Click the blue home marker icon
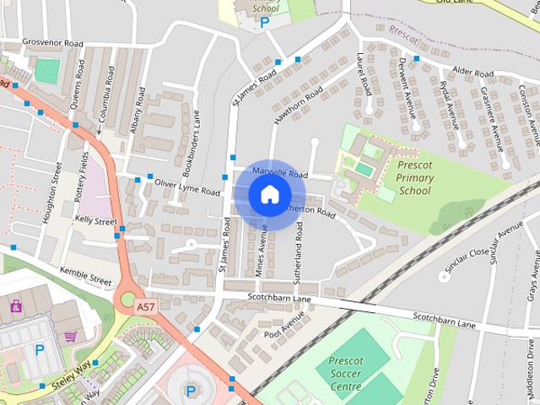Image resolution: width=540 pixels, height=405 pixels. click(x=268, y=194)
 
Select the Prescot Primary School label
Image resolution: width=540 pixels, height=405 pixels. click(x=415, y=178)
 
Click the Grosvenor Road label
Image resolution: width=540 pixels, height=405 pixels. click(x=53, y=43)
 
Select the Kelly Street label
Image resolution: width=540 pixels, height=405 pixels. click(x=95, y=220)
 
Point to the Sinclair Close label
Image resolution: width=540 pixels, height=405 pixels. click(x=466, y=252)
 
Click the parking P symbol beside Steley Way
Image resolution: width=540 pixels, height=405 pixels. click(x=39, y=349)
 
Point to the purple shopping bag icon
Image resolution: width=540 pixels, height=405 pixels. click(x=16, y=305)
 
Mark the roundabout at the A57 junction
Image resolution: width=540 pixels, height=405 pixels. click(x=128, y=298)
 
